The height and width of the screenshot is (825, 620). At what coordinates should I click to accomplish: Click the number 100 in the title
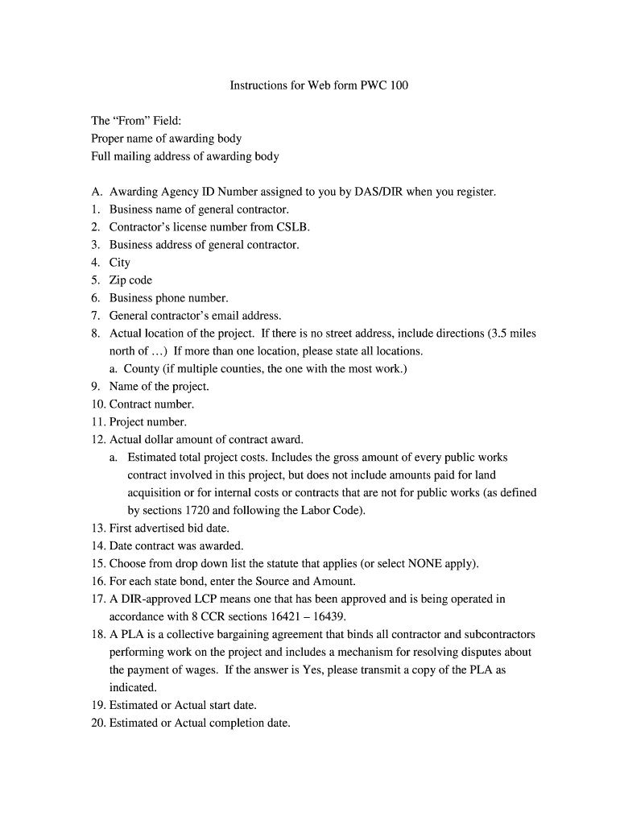coord(399,85)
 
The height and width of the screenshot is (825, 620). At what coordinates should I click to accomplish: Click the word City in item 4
coord(120,263)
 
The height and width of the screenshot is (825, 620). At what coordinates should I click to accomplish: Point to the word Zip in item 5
coord(118,280)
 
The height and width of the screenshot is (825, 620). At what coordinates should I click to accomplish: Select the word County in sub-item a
coord(141,369)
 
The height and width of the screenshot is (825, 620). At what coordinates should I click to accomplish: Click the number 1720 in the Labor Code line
coord(199,511)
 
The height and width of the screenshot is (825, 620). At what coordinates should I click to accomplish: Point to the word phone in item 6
coord(171,298)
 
